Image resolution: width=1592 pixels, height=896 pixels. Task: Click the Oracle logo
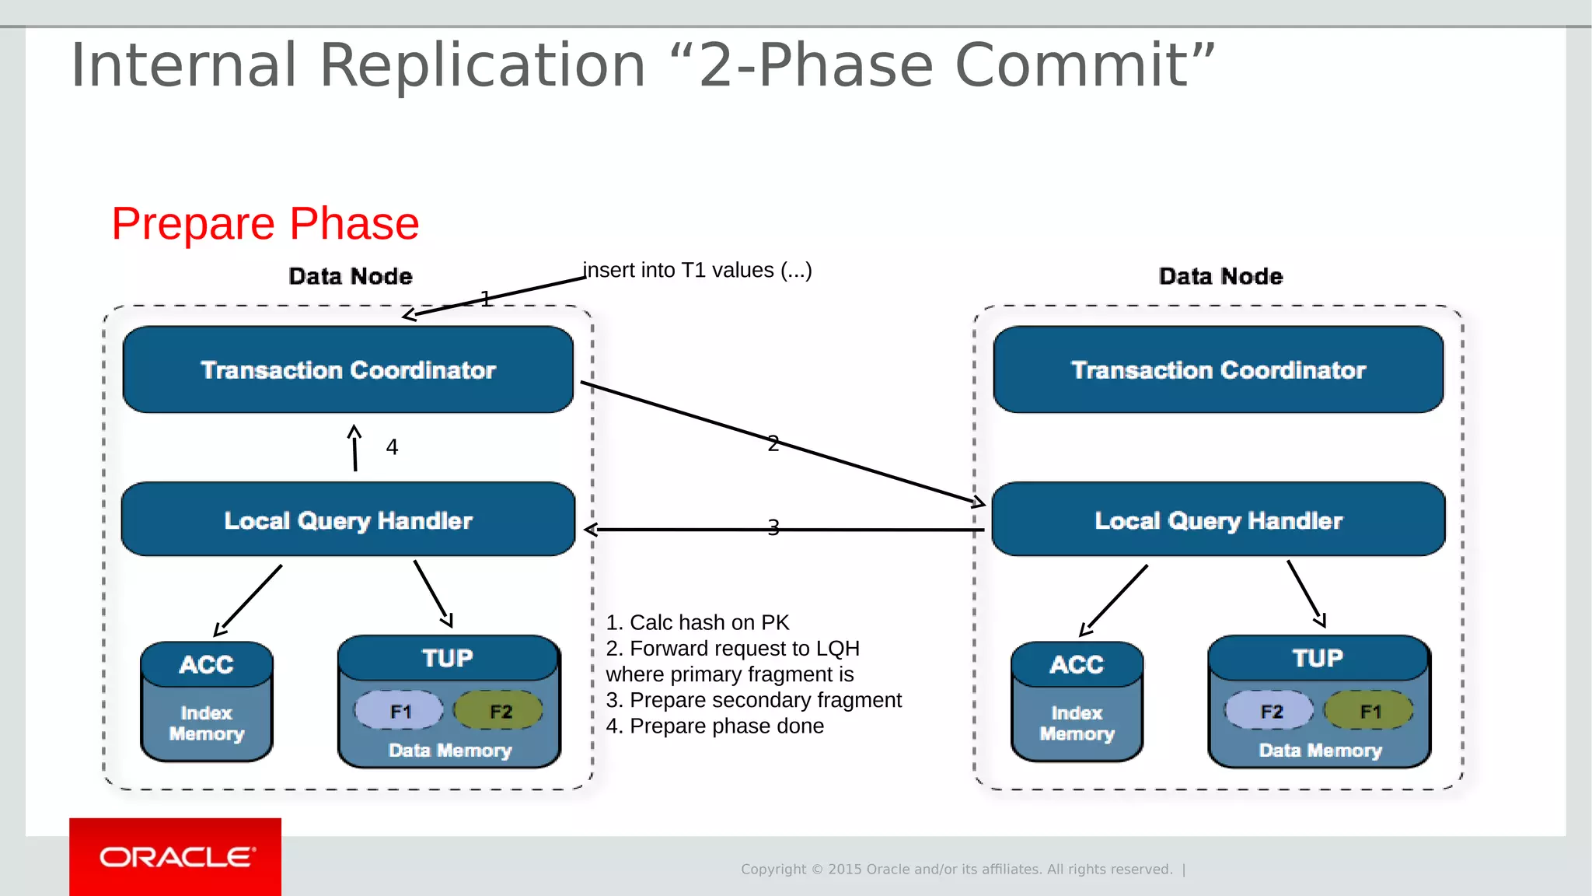pos(176,857)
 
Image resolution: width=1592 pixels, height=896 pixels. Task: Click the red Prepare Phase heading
pos(265,224)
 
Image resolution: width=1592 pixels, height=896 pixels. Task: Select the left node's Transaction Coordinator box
pos(347,369)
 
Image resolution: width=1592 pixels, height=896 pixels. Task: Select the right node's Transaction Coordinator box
pos(1218,369)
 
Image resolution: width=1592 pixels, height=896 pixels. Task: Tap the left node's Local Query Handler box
pos(347,520)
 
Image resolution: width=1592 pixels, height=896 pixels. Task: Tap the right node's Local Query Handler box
pos(1218,520)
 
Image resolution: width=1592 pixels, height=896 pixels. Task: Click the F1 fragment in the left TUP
pos(400,711)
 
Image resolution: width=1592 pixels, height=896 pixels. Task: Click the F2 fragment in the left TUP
pos(499,711)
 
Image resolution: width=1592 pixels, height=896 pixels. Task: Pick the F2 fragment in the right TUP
pos(1270,711)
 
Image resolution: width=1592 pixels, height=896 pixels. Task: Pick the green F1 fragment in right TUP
pos(1370,711)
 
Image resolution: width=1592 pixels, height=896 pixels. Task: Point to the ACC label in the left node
pos(206,664)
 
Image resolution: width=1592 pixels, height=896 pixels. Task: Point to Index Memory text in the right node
pos(1077,723)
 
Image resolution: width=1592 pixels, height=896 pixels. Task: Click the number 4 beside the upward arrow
pos(392,447)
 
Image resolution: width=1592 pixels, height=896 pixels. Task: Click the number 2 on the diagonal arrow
pos(773,443)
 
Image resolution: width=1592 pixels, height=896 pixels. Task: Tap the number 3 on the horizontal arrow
pos(773,528)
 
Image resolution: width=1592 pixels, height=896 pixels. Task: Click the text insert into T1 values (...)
pos(697,270)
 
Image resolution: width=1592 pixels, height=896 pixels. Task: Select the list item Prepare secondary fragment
pos(754,700)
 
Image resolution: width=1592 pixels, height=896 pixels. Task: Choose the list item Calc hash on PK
pos(697,622)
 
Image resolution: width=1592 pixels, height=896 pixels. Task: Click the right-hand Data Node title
pos(1220,276)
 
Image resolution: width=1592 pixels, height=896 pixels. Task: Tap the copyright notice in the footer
pos(956,869)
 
